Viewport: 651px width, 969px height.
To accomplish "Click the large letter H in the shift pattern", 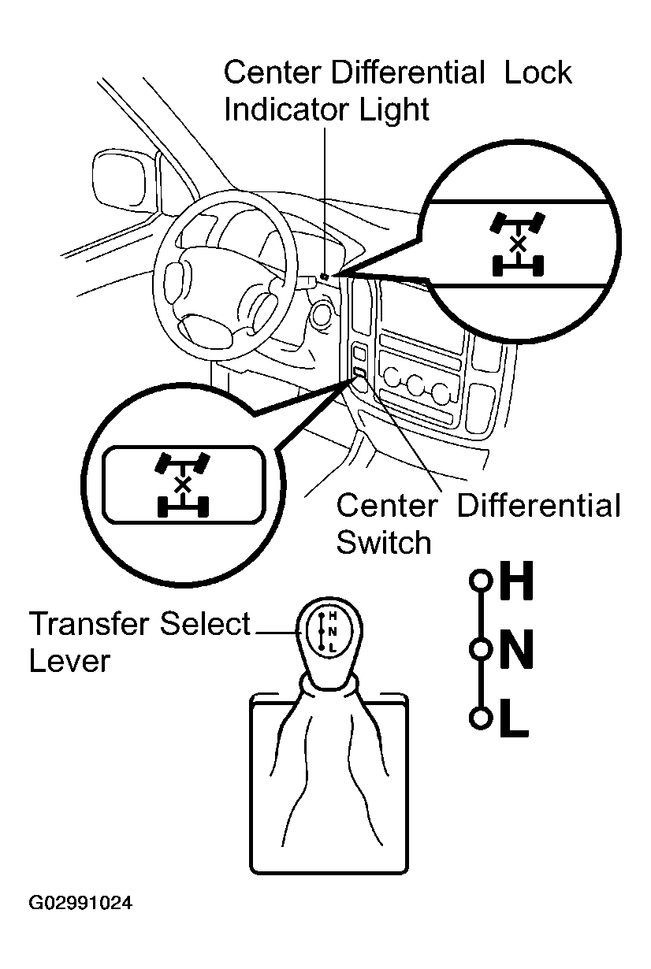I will (x=517, y=583).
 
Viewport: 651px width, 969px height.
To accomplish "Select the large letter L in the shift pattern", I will (x=515, y=718).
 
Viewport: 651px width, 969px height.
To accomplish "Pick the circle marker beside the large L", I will (x=478, y=718).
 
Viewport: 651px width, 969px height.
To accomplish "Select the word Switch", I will (x=384, y=542).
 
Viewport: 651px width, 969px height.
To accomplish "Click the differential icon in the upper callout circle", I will (x=517, y=244).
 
